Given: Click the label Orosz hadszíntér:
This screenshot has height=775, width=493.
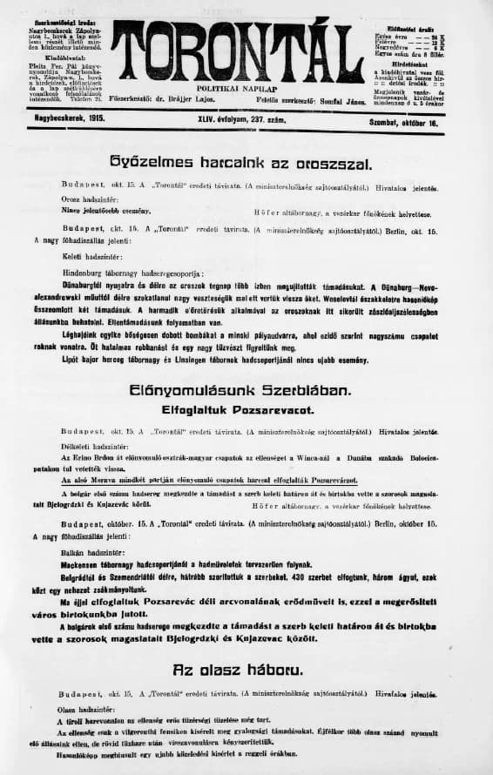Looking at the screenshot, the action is [87, 199].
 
